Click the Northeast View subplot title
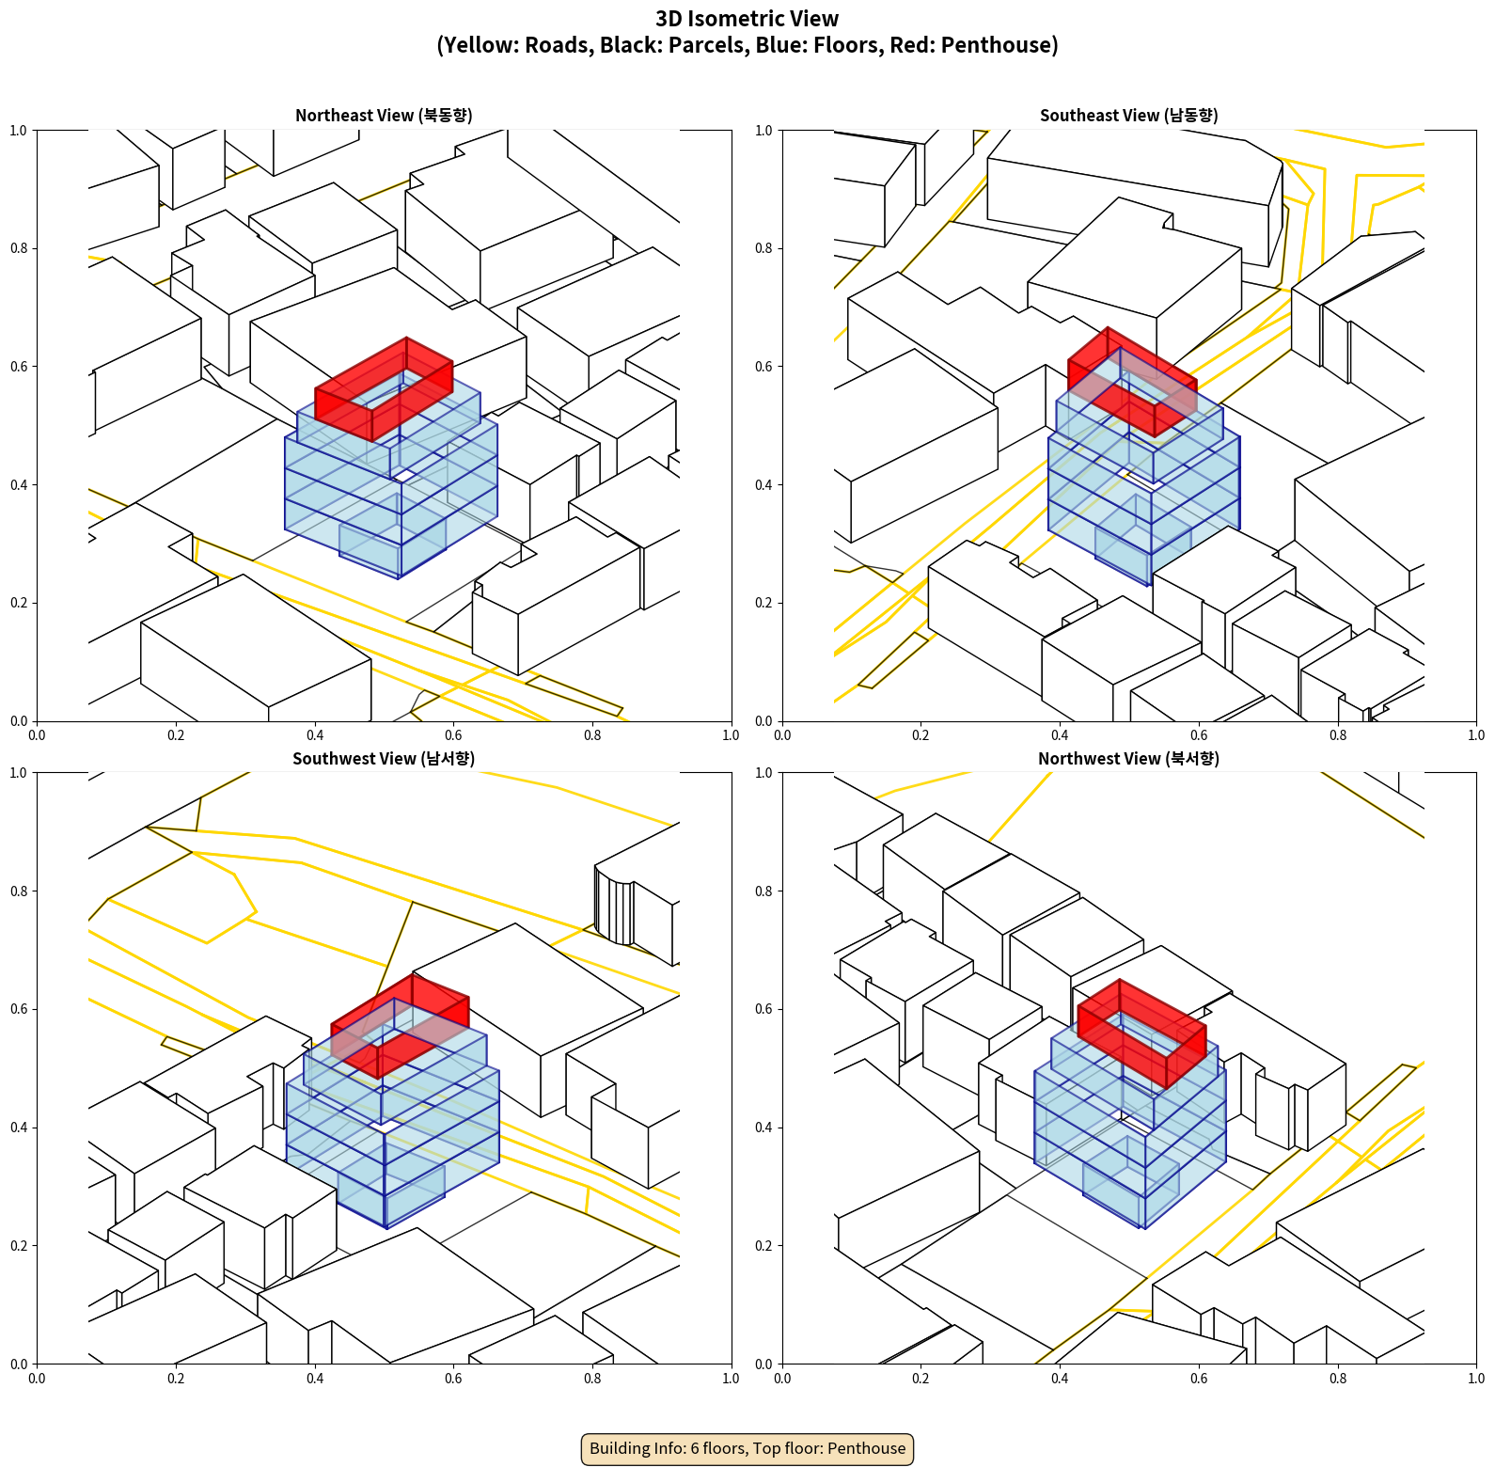(384, 116)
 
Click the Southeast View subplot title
(1128, 116)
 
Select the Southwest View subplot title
(384, 759)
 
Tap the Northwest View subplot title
(1128, 759)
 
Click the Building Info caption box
(747, 1448)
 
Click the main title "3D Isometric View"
(747, 19)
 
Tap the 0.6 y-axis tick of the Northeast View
(19, 367)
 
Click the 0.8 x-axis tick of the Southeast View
(1338, 735)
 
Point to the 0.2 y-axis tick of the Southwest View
(19, 1245)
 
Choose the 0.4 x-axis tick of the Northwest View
(1060, 1379)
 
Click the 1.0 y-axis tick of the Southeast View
(763, 131)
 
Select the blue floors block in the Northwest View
(1128, 1128)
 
